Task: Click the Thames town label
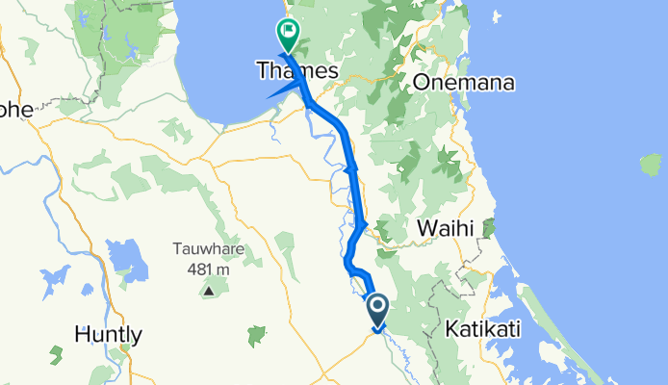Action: coord(296,71)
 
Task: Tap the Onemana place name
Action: coord(463,83)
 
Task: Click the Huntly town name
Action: coord(109,335)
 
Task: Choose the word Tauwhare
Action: coord(208,249)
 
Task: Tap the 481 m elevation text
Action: coord(208,269)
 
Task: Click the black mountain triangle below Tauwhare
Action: coord(208,289)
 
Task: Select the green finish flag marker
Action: coord(287,33)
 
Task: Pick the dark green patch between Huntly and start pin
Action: coord(256,336)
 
